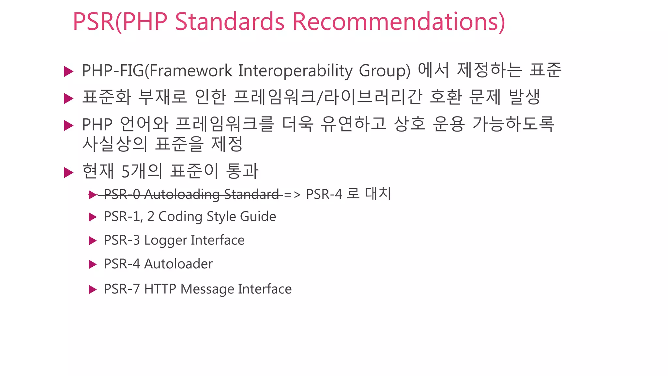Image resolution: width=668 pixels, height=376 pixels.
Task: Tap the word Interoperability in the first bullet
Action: pos(295,70)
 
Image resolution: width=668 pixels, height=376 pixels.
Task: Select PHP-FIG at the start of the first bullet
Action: pos(113,70)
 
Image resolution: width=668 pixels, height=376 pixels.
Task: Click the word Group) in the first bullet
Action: pos(385,70)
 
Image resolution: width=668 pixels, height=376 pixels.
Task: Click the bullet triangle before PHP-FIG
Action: pos(68,71)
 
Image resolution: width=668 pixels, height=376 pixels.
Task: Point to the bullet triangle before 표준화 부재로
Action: pos(68,98)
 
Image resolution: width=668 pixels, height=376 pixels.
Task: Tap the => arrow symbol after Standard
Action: pos(292,195)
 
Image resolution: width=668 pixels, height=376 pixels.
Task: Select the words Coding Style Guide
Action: pos(217,217)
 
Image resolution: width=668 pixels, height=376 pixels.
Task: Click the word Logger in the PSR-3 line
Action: pos(165,241)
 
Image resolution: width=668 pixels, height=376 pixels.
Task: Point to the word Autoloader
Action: pos(178,264)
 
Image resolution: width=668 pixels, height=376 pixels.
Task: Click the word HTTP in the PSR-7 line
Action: pos(160,289)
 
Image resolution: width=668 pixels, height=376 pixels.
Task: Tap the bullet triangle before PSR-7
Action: pos(93,290)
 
